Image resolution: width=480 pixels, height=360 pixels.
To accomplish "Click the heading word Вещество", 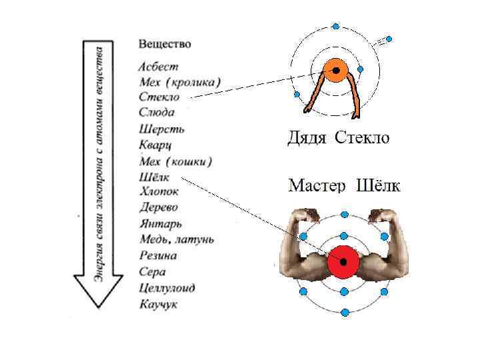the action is point(165,44).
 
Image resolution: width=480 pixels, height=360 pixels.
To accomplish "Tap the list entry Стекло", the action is point(159,98).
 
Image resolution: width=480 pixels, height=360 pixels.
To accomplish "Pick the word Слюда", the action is point(157,113).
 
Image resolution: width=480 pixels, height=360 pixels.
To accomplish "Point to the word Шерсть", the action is point(162,129).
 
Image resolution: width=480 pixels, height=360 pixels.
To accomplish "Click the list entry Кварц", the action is point(157,145).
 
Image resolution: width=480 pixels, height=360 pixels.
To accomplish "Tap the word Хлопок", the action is point(160,192).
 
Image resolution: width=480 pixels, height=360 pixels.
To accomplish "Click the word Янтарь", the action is point(161,224).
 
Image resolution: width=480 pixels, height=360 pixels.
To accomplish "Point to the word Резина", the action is point(159,255).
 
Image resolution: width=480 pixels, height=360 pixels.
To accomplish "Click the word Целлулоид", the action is point(167,287).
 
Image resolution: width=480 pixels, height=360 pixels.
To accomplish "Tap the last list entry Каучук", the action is point(159,304).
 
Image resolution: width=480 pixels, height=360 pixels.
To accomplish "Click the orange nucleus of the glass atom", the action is point(335,70).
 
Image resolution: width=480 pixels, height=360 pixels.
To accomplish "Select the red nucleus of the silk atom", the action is point(343,261).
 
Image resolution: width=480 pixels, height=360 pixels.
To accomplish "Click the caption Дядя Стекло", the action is point(338,139).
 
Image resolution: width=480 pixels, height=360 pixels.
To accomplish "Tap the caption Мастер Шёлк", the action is point(344,185).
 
